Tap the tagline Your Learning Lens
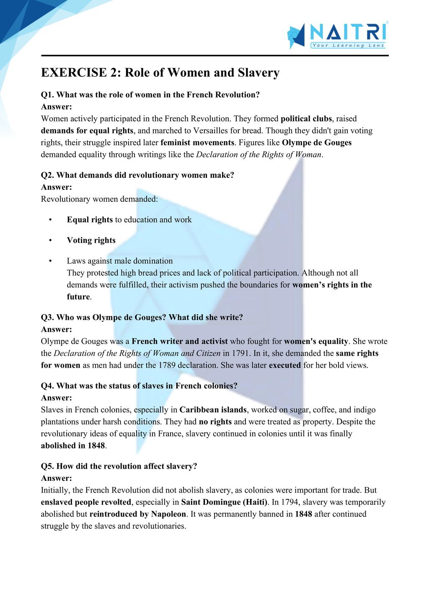pos(348,45)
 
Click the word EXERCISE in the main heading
pos(74,73)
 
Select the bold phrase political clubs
pos(306,119)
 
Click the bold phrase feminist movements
pos(197,143)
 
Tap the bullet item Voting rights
pos(91,240)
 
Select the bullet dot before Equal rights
pos(50,220)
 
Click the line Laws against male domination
pos(120,261)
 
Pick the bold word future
pos(78,297)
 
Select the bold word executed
pos(285,365)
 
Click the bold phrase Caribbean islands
pos(213,410)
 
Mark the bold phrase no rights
pos(215,422)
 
